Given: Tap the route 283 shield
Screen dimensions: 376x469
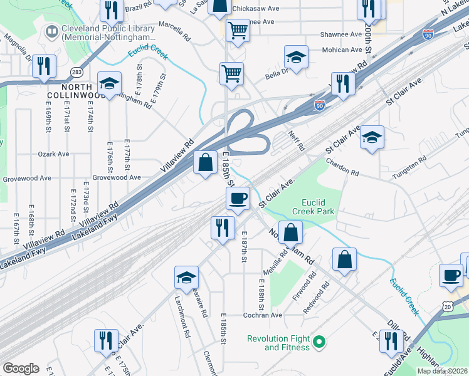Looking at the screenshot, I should tap(76, 72).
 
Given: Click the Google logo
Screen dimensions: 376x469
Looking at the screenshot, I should tap(21, 368).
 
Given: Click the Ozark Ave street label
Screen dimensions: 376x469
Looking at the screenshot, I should tap(53, 154).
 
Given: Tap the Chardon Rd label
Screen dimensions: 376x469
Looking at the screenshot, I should tap(342, 167).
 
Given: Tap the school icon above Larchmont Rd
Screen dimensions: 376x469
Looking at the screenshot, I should tap(186, 278).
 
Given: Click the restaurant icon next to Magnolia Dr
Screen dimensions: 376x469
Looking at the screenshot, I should tap(43, 66).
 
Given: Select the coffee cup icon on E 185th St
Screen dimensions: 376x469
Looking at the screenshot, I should tap(238, 199).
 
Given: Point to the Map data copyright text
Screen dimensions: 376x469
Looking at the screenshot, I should tap(442, 370).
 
